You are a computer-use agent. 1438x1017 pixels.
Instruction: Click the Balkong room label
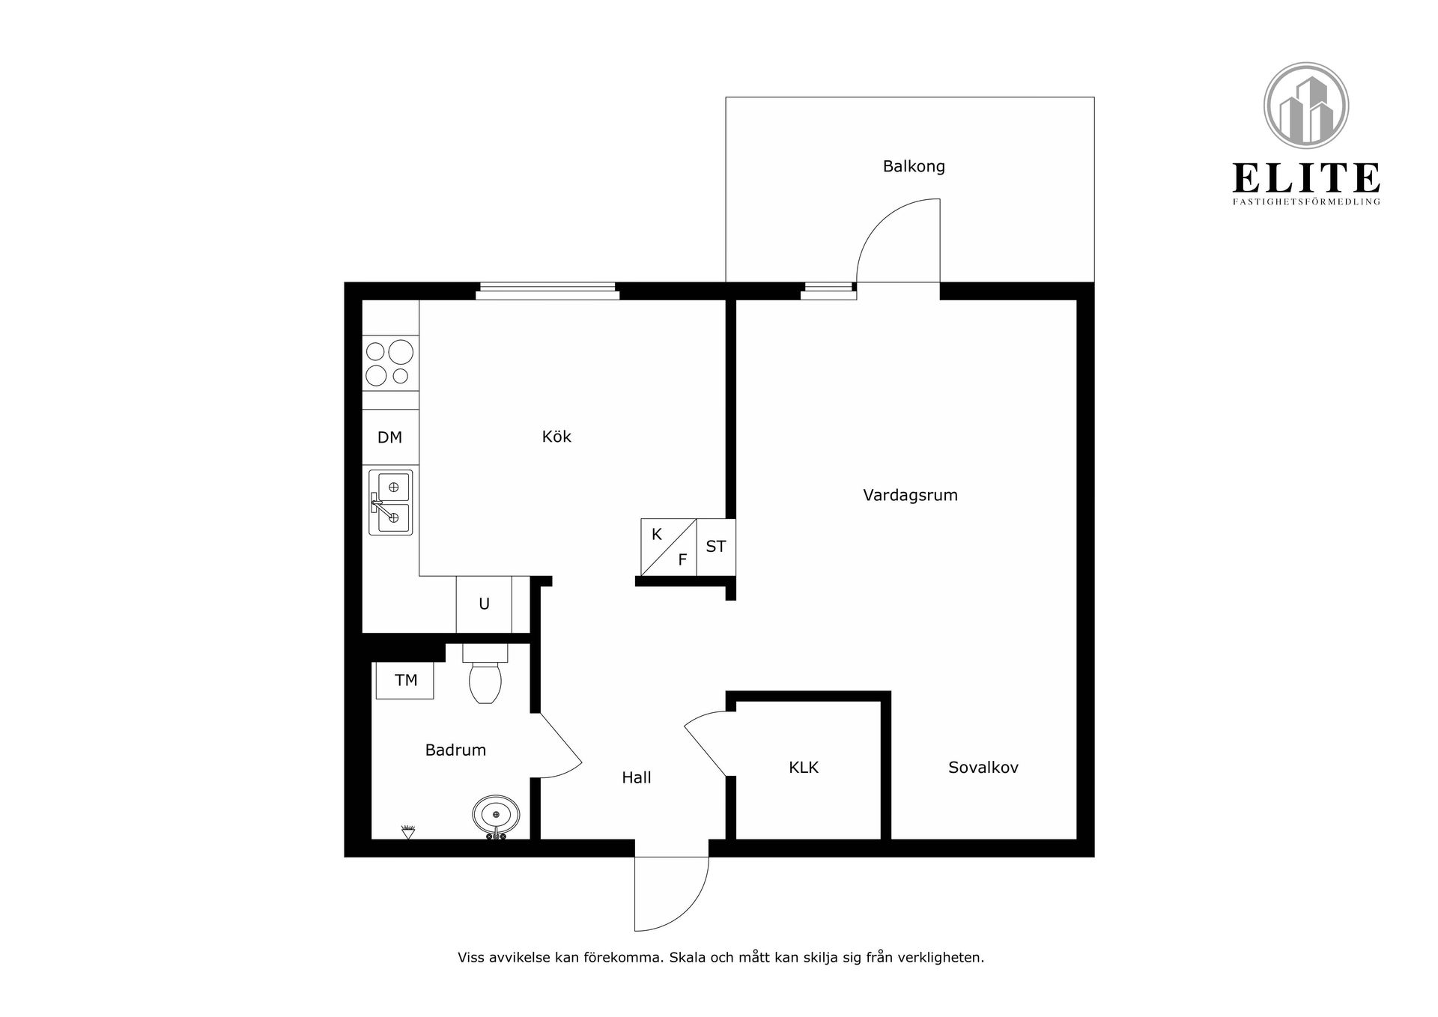(914, 167)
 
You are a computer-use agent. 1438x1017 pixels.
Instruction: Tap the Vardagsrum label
(910, 495)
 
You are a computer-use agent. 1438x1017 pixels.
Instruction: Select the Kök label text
(556, 437)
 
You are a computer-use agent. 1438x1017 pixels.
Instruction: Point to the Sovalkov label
(983, 767)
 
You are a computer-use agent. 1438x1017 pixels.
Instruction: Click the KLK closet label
(804, 767)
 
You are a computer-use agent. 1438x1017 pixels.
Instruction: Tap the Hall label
(637, 777)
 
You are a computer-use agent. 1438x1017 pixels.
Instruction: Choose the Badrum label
(455, 750)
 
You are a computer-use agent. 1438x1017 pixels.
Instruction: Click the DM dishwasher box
(390, 437)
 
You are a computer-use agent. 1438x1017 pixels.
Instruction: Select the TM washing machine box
(405, 680)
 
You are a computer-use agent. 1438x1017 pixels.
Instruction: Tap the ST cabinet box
(716, 547)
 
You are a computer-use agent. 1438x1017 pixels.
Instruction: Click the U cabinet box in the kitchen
(484, 604)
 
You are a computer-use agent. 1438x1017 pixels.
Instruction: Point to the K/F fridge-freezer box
(669, 547)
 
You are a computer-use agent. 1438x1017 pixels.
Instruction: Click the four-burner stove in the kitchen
(390, 362)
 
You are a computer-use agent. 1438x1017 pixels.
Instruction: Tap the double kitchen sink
(391, 502)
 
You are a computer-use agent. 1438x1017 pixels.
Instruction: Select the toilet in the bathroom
(485, 674)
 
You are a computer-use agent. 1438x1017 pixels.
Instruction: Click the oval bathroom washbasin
(496, 815)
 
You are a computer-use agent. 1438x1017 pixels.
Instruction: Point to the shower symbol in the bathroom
(408, 831)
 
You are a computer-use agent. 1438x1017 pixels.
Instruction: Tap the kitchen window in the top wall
(547, 291)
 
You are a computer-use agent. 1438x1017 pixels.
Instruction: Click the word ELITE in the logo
(1306, 178)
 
